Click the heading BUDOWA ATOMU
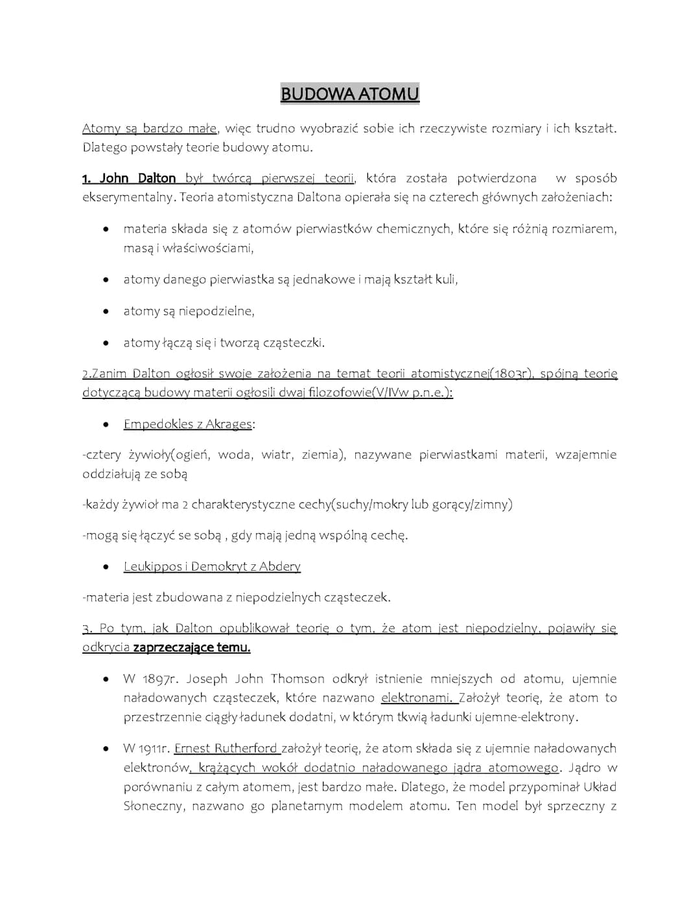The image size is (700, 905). point(350,94)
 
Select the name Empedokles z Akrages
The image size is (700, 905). point(187,424)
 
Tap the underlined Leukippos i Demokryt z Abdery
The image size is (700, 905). point(212,567)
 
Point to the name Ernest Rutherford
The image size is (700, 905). point(226,749)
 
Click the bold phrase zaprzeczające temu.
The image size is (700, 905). point(192,647)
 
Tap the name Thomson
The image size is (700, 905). point(297,680)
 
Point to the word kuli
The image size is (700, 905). point(445,280)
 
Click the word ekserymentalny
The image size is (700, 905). point(128,197)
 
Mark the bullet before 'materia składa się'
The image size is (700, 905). point(105,229)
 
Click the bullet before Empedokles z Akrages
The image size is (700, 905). point(105,425)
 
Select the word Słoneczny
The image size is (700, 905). point(153,807)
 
